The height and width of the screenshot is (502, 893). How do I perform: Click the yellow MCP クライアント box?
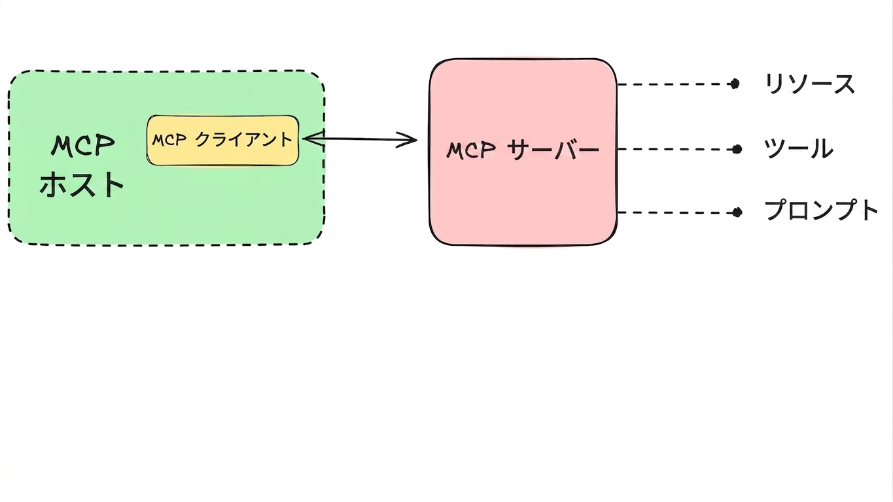pyautogui.click(x=223, y=141)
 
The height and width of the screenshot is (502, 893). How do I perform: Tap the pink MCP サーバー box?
pyautogui.click(x=523, y=152)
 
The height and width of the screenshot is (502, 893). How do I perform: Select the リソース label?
pyautogui.click(x=810, y=84)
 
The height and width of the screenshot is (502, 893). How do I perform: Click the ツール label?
pyautogui.click(x=799, y=149)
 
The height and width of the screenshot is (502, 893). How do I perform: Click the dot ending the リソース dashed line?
pyautogui.click(x=735, y=84)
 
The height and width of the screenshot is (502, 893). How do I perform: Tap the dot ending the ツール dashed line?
pyautogui.click(x=737, y=149)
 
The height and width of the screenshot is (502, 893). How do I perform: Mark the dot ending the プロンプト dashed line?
pyautogui.click(x=737, y=212)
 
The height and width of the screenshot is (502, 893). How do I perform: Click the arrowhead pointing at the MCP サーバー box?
pyautogui.click(x=407, y=140)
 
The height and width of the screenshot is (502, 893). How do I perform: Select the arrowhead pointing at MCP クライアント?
pyautogui.click(x=313, y=139)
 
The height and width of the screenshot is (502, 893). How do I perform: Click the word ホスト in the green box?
pyautogui.click(x=82, y=184)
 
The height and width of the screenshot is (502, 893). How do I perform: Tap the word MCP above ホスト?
pyautogui.click(x=83, y=145)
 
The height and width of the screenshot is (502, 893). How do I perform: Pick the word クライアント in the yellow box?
pyautogui.click(x=244, y=139)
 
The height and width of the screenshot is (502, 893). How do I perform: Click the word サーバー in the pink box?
pyautogui.click(x=553, y=150)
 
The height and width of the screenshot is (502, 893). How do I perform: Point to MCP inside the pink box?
pyautogui.click(x=471, y=150)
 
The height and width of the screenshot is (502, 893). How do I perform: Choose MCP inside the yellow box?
pyautogui.click(x=169, y=140)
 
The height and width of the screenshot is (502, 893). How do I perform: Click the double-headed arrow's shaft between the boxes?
pyautogui.click(x=360, y=139)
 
